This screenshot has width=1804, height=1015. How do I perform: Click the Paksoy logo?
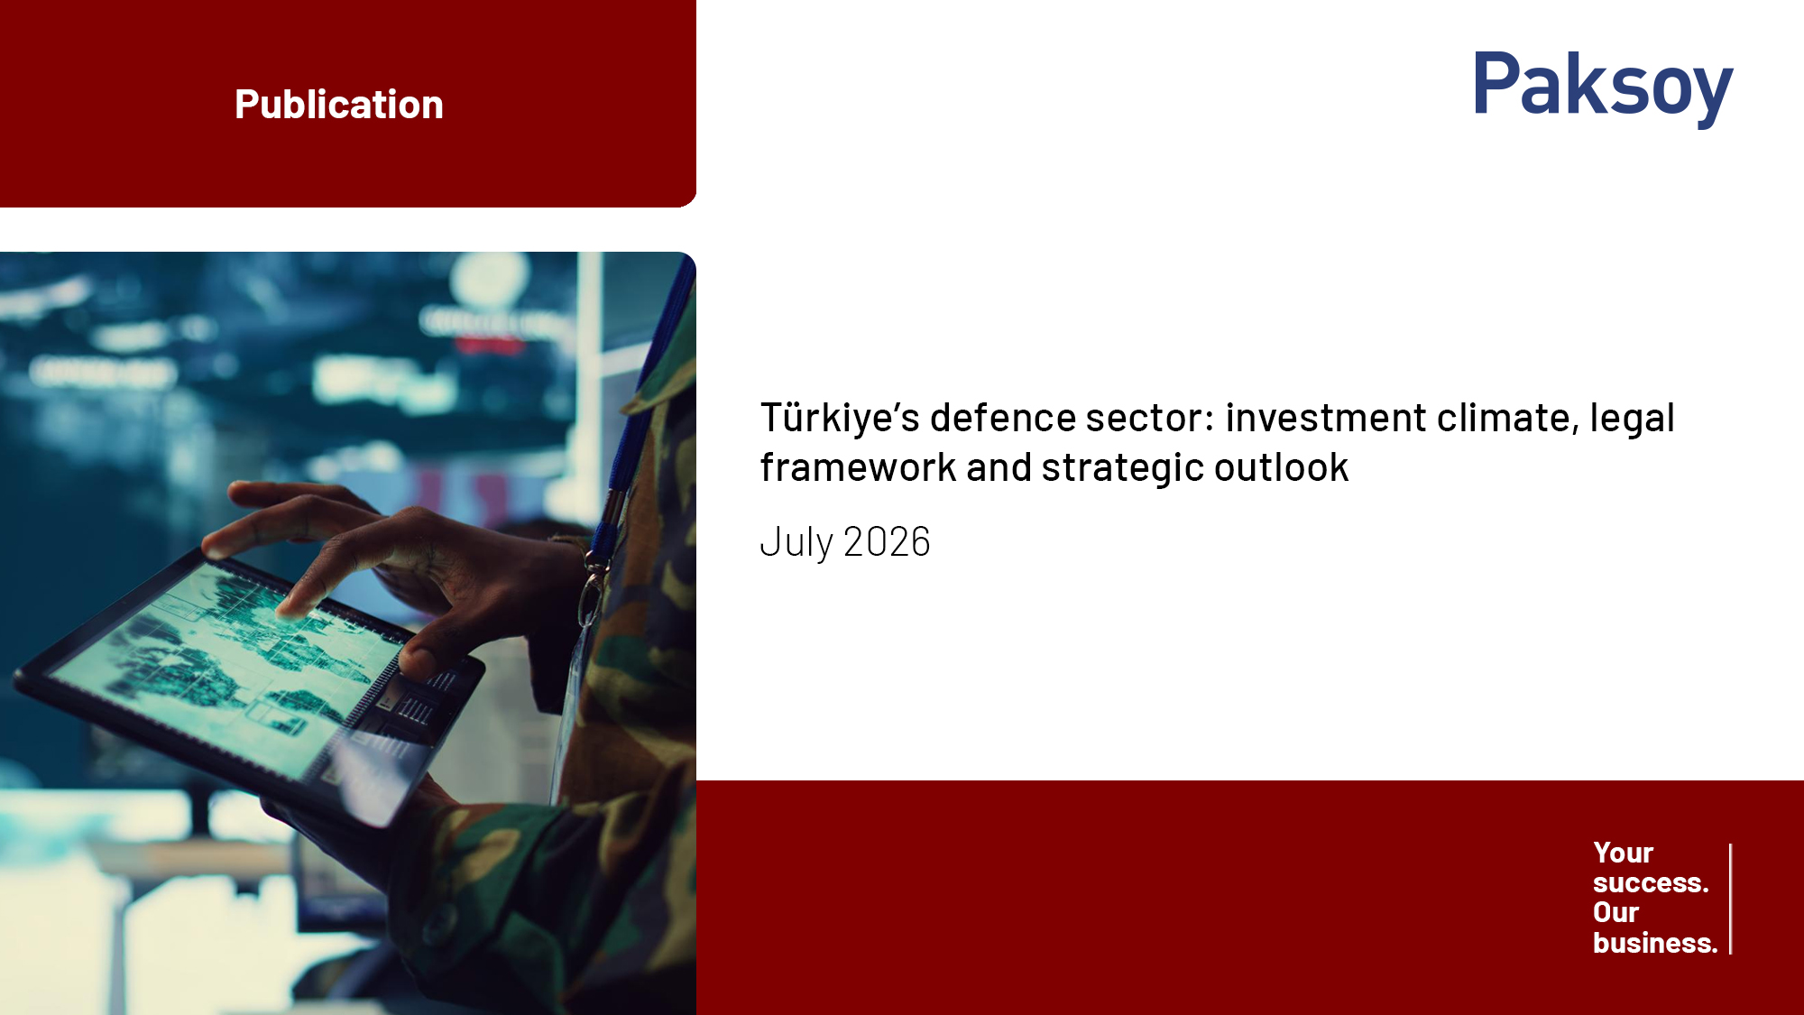[1603, 87]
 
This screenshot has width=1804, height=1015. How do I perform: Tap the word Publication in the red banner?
[339, 105]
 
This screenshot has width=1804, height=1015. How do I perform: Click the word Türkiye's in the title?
[840, 418]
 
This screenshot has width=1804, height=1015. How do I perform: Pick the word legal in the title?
[1632, 418]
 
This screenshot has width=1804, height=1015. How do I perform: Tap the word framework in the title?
[858, 467]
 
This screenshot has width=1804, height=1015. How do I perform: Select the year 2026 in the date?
[887, 542]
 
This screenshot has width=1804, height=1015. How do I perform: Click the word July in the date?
[796, 543]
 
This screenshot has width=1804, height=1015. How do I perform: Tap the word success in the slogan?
[1651, 882]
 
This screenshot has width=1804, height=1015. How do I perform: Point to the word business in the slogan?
[1655, 943]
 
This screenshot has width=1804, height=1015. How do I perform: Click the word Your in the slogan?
[1623, 853]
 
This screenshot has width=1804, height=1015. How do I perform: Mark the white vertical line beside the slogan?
[1730, 899]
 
